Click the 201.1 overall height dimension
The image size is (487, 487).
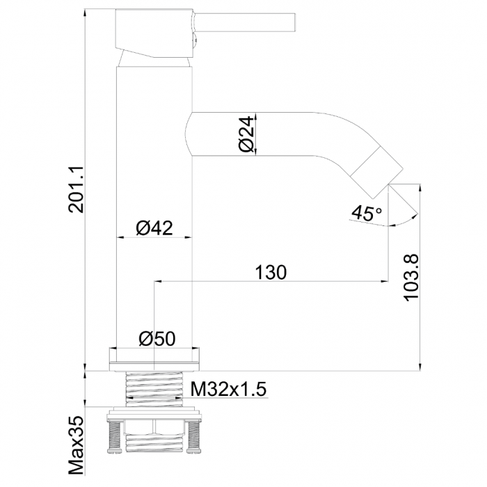click(76, 189)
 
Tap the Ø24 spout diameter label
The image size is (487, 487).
click(247, 134)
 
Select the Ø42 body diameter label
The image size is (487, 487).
click(154, 228)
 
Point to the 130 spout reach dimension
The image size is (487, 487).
click(271, 273)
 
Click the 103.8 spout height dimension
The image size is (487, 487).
click(412, 278)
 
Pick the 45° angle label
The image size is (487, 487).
click(367, 213)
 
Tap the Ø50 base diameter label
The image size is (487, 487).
click(157, 339)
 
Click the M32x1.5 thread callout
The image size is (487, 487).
click(229, 389)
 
